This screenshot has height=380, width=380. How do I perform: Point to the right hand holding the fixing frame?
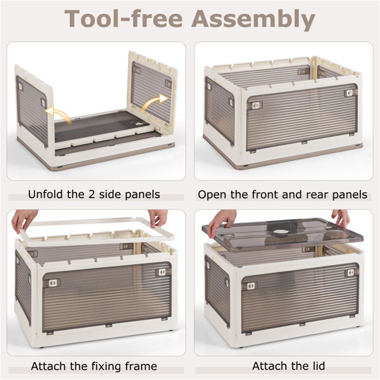click(158, 218)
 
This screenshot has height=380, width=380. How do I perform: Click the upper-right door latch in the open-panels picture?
click(350, 93)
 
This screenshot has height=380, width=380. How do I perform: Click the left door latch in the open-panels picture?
click(255, 105)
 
